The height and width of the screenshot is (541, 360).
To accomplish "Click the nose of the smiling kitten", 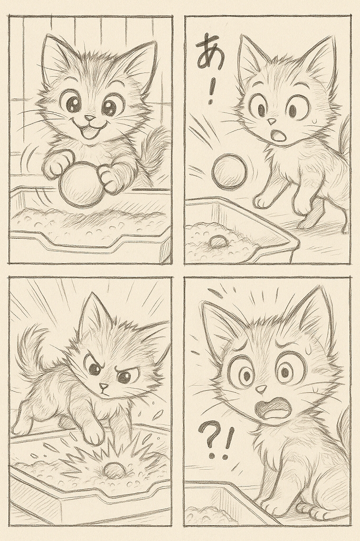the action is [90, 118].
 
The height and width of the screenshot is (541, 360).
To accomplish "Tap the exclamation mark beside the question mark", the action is [227, 444].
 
